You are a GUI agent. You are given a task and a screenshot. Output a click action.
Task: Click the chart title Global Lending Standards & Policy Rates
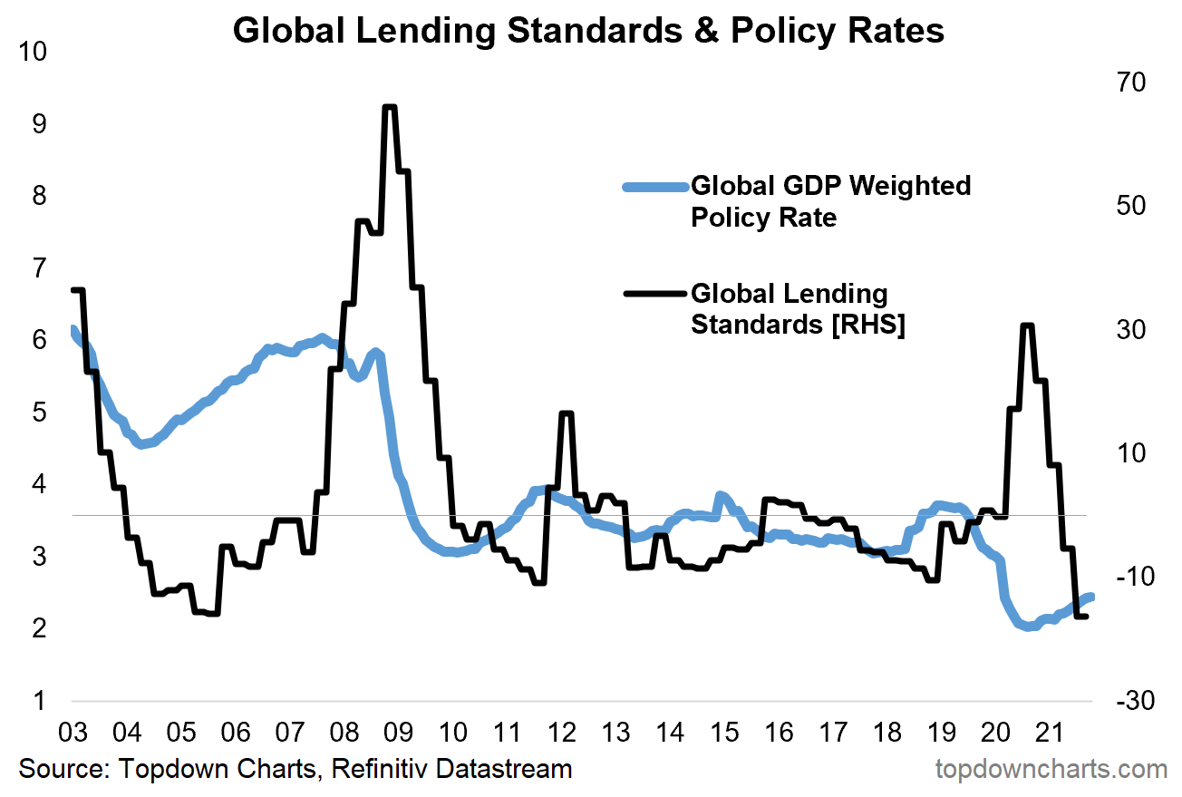pyautogui.click(x=588, y=30)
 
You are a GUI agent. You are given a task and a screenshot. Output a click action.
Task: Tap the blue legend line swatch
pyautogui.click(x=654, y=187)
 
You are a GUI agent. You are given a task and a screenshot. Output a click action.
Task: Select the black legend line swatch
pyautogui.click(x=654, y=293)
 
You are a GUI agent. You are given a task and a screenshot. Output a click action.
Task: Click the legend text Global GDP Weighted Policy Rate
pyautogui.click(x=830, y=201)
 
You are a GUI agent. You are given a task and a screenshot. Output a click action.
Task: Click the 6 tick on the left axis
pyautogui.click(x=37, y=340)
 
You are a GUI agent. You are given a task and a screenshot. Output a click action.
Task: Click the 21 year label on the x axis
pyautogui.click(x=1050, y=731)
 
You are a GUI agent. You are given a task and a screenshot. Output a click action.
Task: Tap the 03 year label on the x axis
pyautogui.click(x=72, y=731)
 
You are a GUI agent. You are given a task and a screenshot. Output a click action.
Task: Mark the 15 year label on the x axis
pyautogui.click(x=724, y=731)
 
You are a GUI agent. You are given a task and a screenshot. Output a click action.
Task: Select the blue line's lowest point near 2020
pyautogui.click(x=1029, y=627)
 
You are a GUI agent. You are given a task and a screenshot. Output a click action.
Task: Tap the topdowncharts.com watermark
pyautogui.click(x=1051, y=770)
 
